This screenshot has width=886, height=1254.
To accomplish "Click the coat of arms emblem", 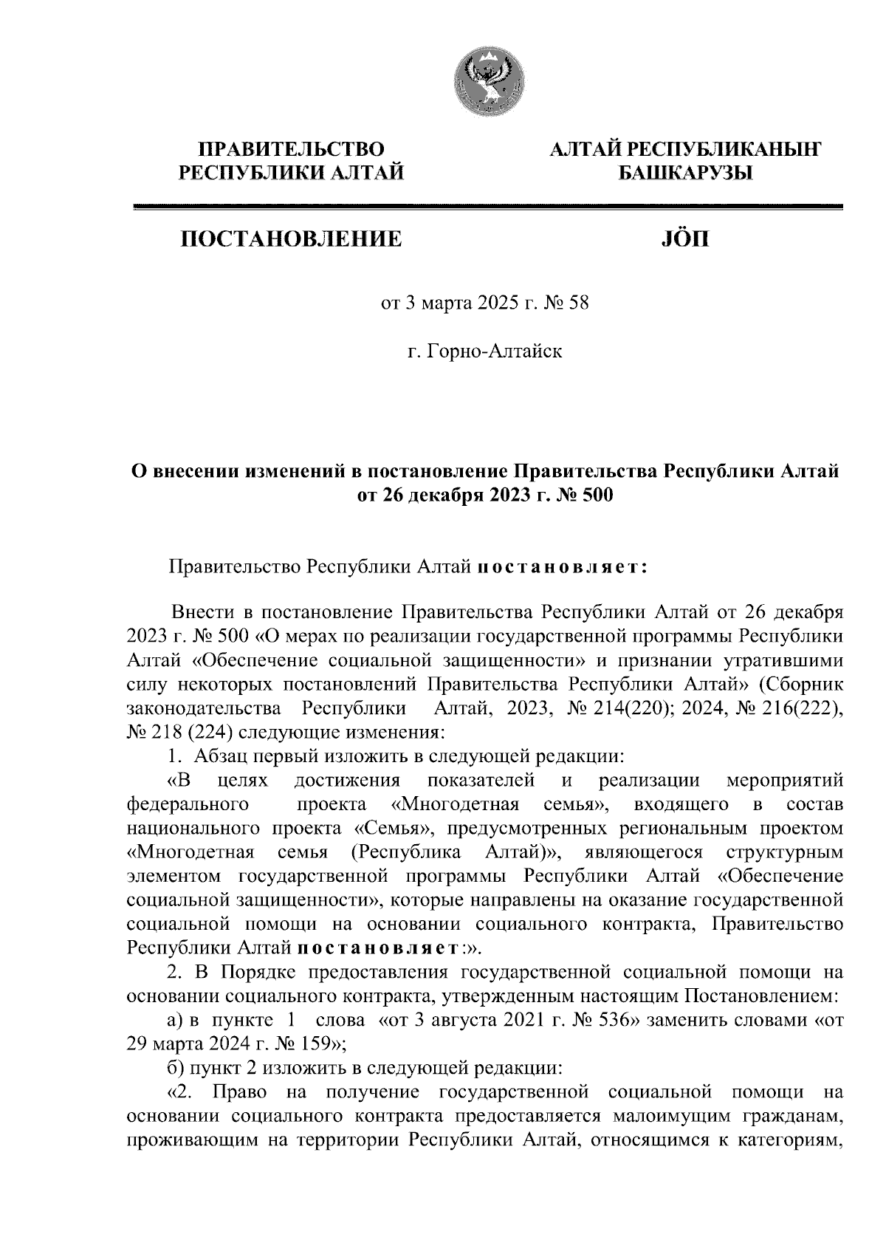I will [x=485, y=83].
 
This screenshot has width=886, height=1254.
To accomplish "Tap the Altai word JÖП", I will [x=681, y=239].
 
